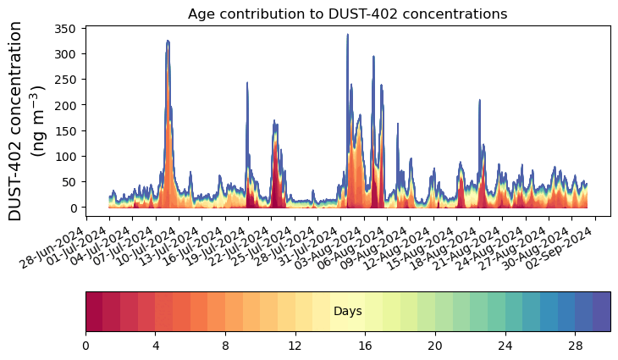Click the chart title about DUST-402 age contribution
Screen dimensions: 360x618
tap(347, 14)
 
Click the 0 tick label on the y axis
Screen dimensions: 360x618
tap(74, 208)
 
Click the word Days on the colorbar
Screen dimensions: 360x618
tap(347, 312)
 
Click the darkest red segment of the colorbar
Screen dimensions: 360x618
tap(94, 311)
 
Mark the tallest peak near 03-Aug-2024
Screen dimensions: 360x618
tap(347, 36)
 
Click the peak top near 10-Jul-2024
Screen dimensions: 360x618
tap(168, 41)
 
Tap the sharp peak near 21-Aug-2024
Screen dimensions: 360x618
tap(479, 100)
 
